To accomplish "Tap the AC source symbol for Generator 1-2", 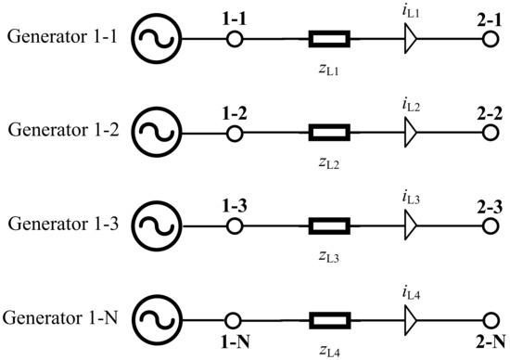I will (150, 134).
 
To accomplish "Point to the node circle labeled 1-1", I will (236, 40).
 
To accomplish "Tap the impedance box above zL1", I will (328, 40).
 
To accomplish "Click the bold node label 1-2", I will (236, 110).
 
